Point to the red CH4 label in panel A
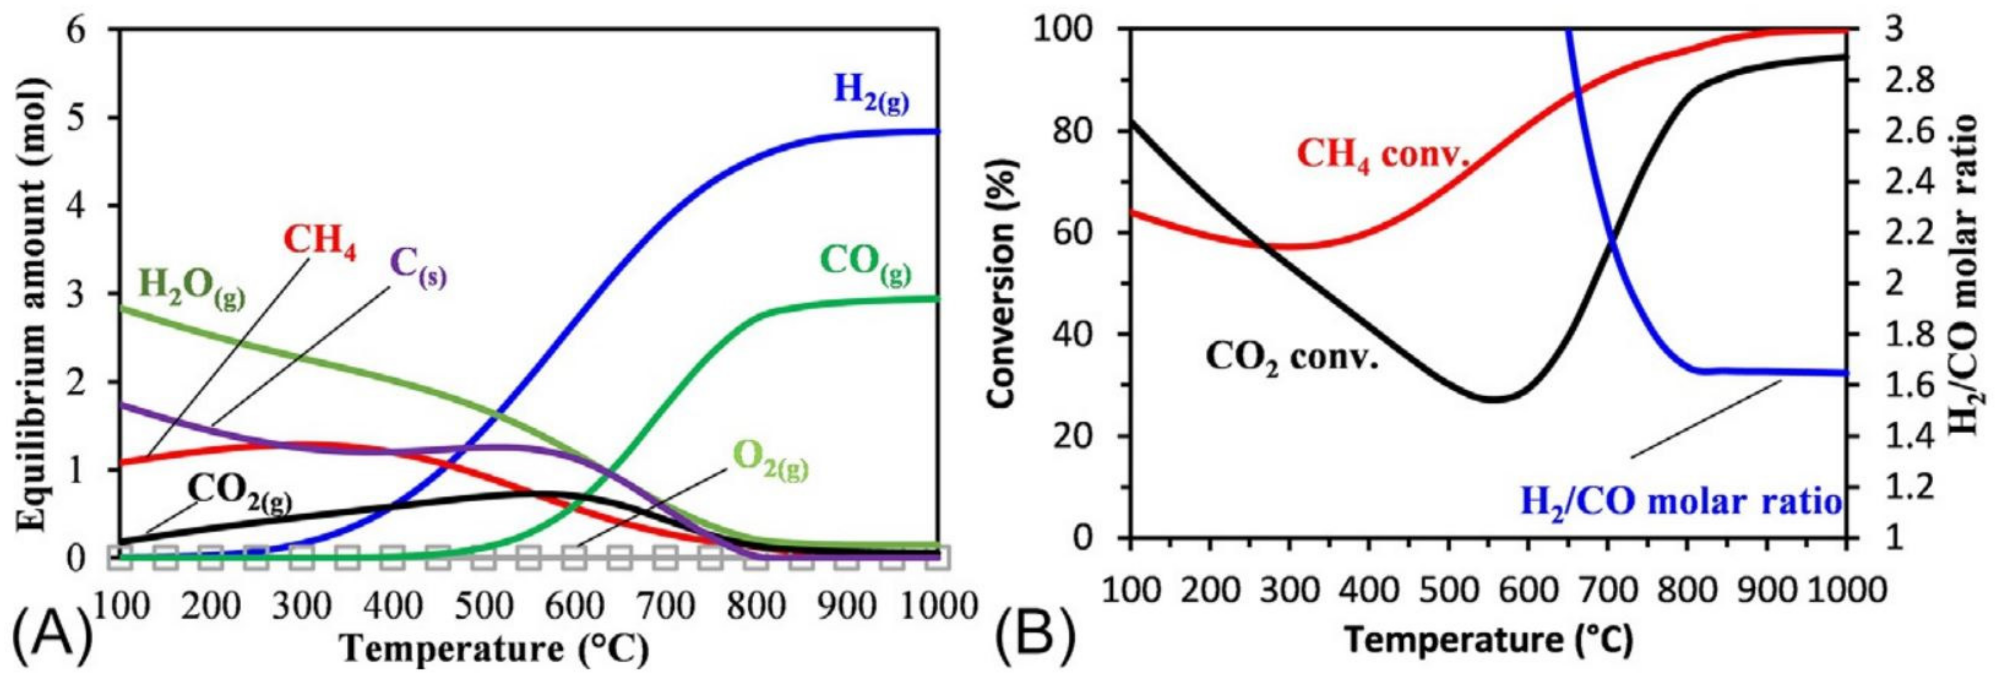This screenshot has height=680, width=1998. [320, 242]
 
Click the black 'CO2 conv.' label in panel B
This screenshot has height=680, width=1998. [1292, 359]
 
